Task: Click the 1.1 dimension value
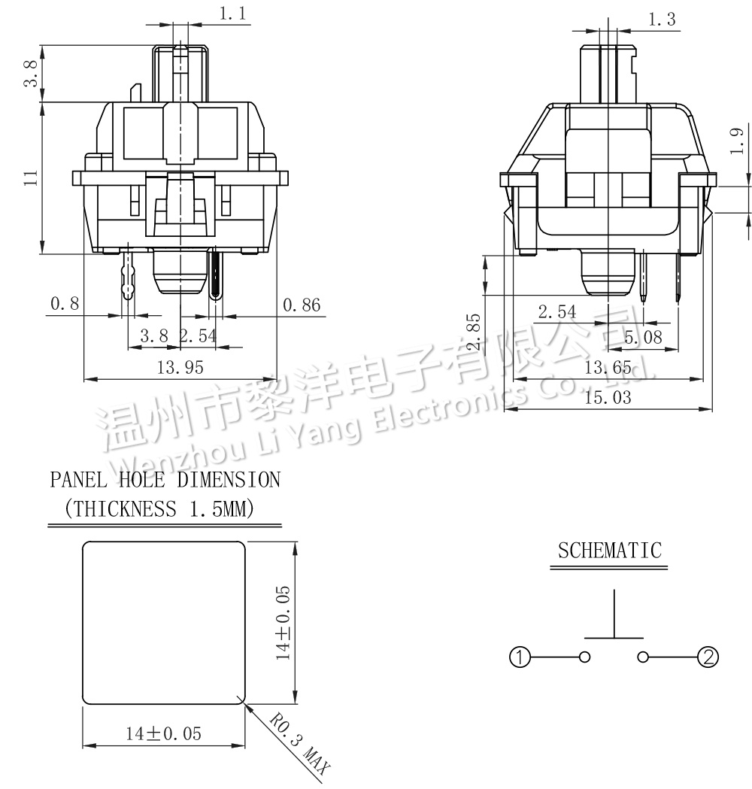click(x=232, y=13)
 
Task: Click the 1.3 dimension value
click(x=662, y=19)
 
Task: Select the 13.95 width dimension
click(x=180, y=367)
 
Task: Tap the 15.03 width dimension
click(x=608, y=398)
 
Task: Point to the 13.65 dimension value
click(x=608, y=367)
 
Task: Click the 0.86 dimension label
click(x=302, y=305)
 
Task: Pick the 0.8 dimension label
click(x=65, y=303)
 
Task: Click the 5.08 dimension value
click(x=644, y=337)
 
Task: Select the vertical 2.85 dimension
click(x=473, y=332)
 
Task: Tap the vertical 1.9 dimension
click(x=736, y=141)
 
